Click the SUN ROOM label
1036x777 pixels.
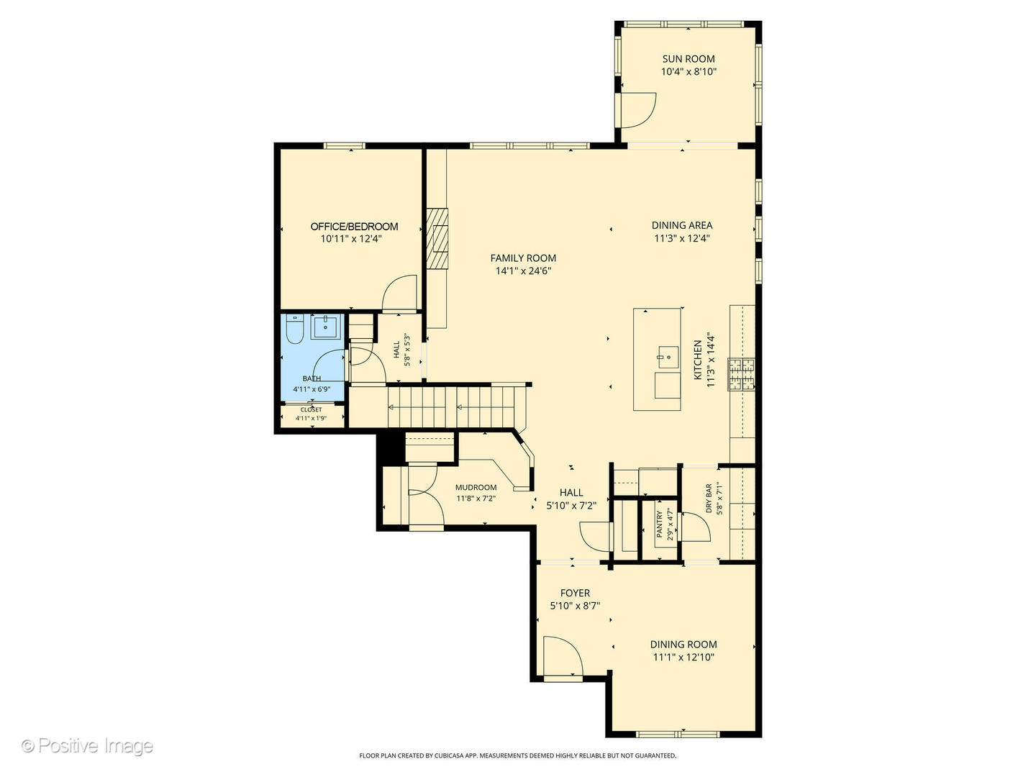click(x=689, y=59)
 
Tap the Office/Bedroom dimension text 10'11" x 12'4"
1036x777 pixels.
click(x=351, y=239)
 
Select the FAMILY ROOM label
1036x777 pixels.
click(x=523, y=258)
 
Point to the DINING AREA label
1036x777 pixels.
click(x=681, y=225)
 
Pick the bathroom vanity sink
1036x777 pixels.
click(x=326, y=327)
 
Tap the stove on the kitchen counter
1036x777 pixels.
click(x=742, y=374)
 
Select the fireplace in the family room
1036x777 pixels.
click(x=437, y=238)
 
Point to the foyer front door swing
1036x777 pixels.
click(x=561, y=655)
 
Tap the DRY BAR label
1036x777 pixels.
click(x=709, y=498)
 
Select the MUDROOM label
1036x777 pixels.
click(x=476, y=487)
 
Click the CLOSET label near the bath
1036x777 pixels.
click(x=311, y=410)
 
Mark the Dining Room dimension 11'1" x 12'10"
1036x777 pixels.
click(x=683, y=658)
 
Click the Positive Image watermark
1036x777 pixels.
click(x=87, y=746)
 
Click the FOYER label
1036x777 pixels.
click(x=575, y=594)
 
